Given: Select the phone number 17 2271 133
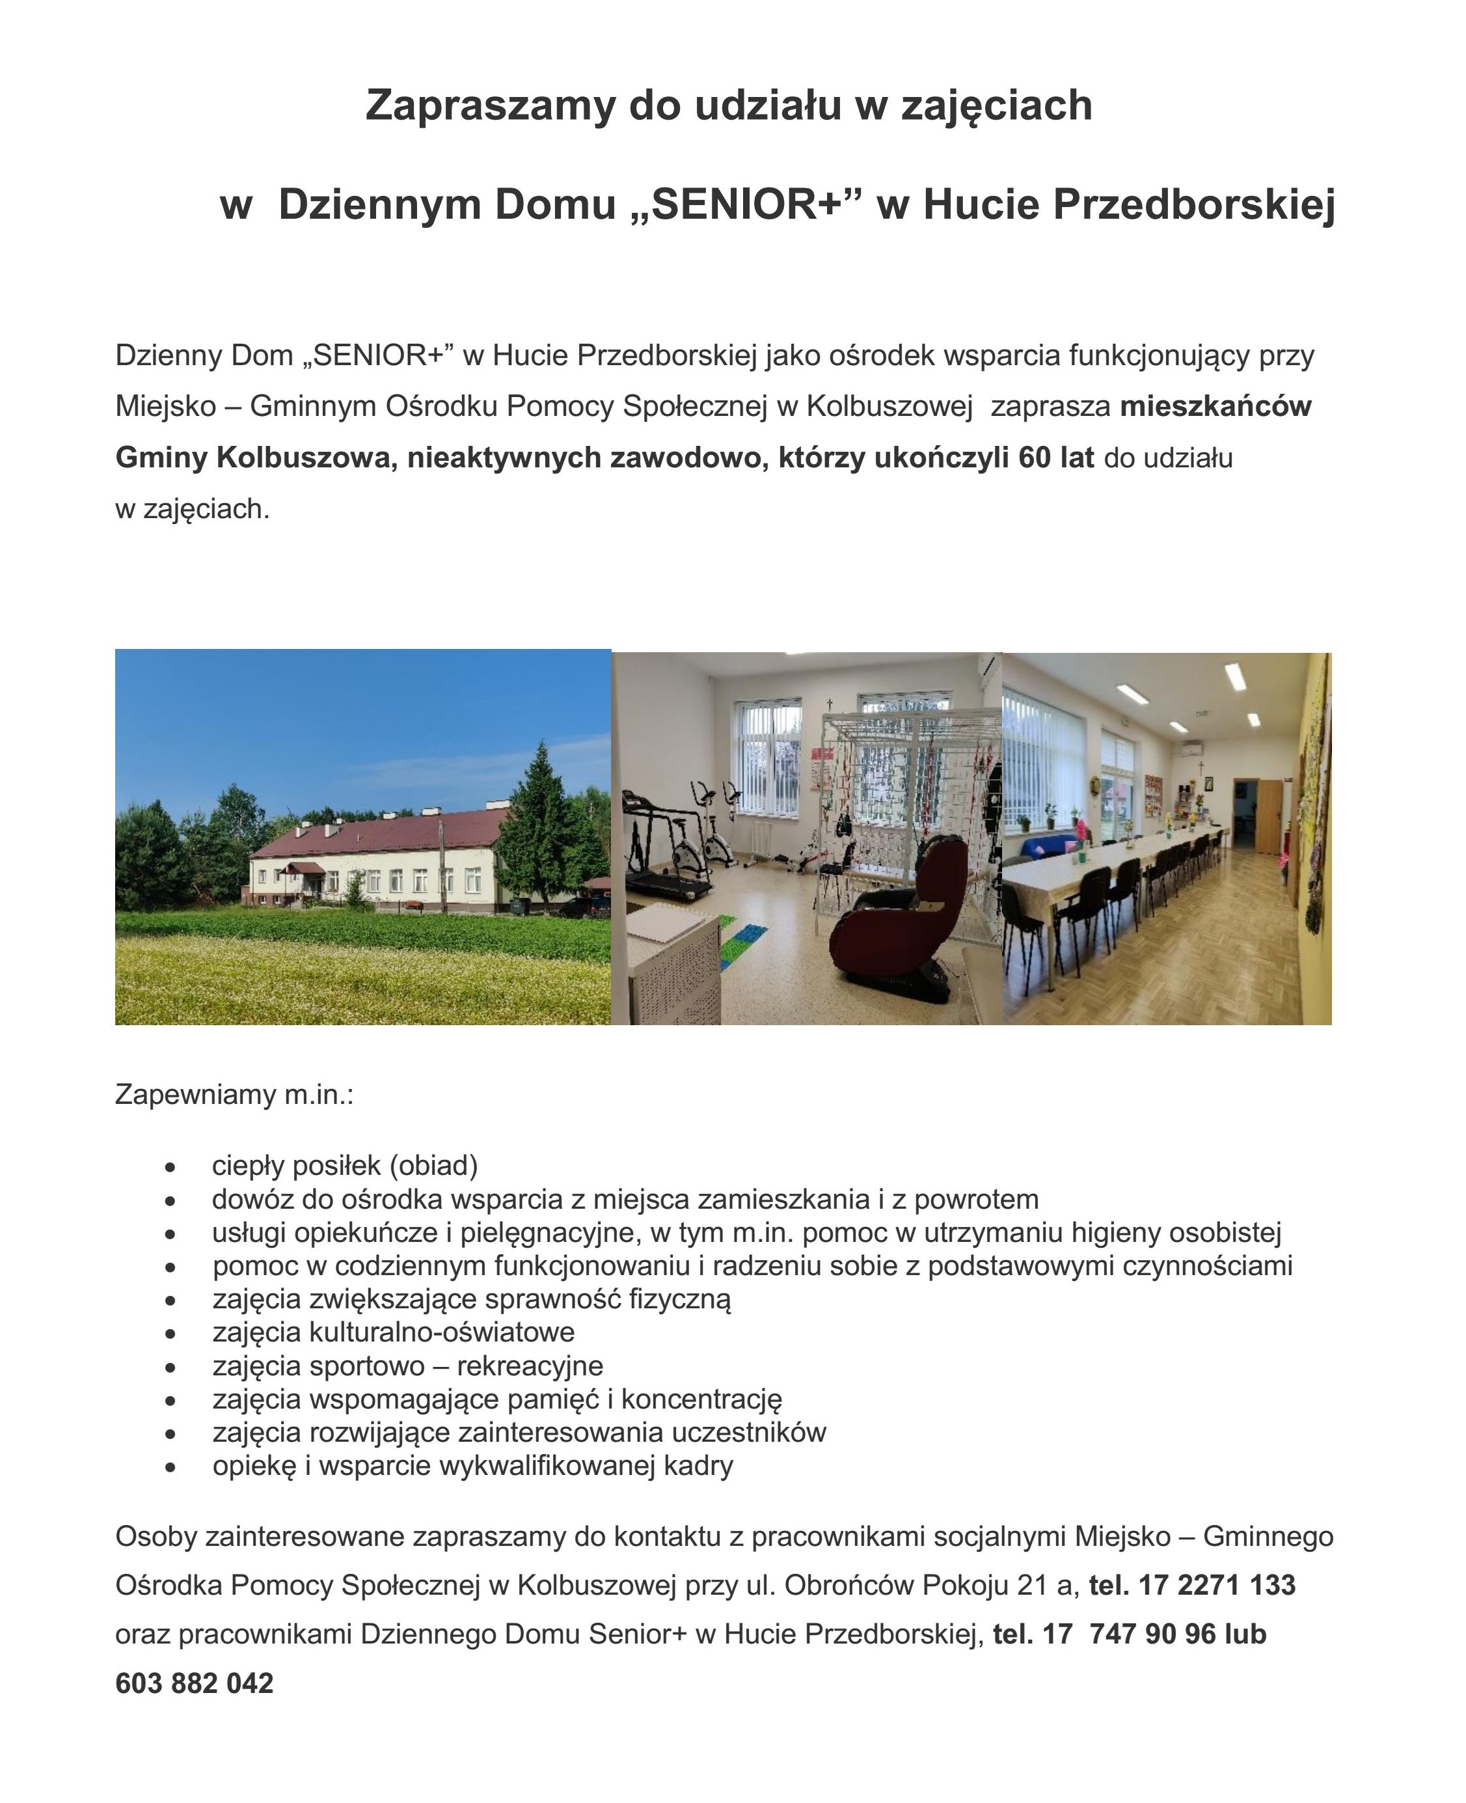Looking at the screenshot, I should [x=1216, y=1585].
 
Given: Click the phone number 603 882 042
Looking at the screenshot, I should [x=194, y=1683].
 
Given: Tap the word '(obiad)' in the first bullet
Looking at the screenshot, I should [x=433, y=1166].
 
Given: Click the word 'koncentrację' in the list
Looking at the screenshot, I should [x=701, y=1400].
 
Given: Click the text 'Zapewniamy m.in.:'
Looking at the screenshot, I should [x=234, y=1095].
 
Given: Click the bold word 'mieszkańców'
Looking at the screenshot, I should [x=1215, y=406].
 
